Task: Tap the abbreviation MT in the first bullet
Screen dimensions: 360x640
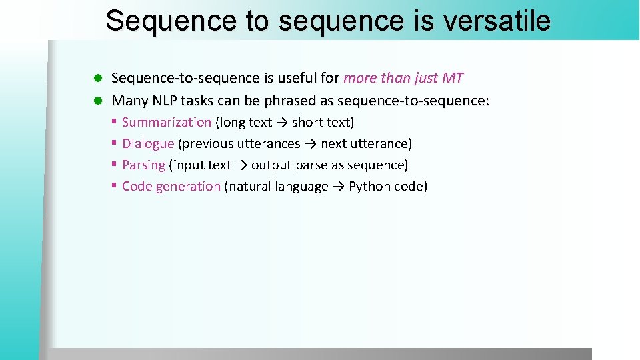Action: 452,78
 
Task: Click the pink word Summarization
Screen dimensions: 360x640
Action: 167,123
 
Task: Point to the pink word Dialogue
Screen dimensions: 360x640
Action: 148,144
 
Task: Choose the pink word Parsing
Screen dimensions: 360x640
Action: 143,165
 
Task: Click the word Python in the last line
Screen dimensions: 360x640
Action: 369,187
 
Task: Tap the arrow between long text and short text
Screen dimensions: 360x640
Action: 282,123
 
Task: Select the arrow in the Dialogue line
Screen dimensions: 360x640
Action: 311,144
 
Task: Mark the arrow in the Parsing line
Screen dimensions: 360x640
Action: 241,165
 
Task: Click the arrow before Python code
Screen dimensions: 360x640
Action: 339,187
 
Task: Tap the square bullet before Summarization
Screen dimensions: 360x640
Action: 115,122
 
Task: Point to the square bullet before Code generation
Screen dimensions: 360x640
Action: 115,186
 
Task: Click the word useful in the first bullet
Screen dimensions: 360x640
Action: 297,78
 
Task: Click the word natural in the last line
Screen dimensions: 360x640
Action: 250,187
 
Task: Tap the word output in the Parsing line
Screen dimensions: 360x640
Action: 271,165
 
